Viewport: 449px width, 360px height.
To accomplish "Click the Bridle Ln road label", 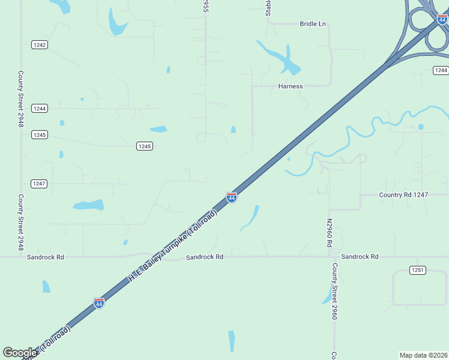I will tap(312, 24).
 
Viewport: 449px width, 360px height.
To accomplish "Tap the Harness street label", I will tap(291, 86).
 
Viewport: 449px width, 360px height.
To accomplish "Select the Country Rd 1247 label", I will tap(403, 195).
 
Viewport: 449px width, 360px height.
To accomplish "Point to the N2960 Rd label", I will tap(330, 233).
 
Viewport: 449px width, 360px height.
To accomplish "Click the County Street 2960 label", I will tap(335, 291).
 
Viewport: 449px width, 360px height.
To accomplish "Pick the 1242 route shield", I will tap(40, 45).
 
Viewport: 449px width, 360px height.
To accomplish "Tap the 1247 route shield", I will tap(40, 184).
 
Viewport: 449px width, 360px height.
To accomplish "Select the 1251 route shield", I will tap(418, 270).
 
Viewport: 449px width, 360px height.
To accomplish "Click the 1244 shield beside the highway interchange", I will tap(441, 71).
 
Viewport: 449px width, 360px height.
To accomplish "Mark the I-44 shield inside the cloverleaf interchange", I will tap(442, 20).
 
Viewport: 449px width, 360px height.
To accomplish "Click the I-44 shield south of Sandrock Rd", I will tap(99, 304).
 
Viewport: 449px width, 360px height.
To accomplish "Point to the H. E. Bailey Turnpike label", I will tap(172, 247).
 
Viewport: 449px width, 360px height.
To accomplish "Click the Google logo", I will tap(20, 353).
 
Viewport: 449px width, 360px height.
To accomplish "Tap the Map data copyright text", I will tap(424, 355).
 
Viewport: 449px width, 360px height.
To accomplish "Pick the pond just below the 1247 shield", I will tap(88, 205).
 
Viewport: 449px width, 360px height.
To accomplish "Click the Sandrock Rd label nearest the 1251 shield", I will tap(360, 257).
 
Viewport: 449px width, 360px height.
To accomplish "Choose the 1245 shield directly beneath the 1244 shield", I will tap(40, 135).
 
